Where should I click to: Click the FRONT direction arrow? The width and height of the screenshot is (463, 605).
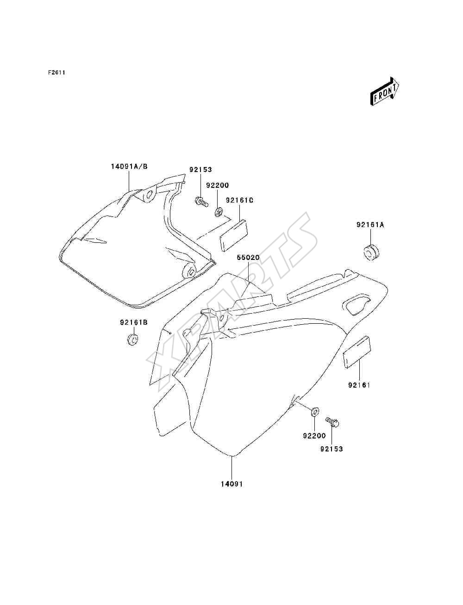click(x=385, y=91)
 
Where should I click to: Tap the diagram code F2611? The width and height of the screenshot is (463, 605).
click(x=56, y=73)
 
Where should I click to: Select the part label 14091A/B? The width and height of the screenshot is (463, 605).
click(x=129, y=167)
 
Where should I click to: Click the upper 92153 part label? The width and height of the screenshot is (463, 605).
click(x=200, y=169)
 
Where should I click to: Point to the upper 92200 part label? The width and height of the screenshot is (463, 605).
click(x=218, y=185)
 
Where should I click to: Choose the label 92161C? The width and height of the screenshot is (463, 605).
click(x=239, y=200)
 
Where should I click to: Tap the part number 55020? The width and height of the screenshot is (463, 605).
click(x=248, y=258)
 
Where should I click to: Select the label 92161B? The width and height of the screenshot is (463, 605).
click(x=133, y=322)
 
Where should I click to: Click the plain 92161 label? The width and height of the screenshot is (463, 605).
click(x=359, y=385)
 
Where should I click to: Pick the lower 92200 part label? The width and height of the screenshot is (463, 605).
click(x=314, y=436)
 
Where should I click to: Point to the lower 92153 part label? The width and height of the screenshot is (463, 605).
click(x=332, y=449)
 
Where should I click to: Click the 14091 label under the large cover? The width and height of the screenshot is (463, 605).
click(x=232, y=484)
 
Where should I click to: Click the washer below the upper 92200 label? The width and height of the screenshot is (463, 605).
click(x=219, y=212)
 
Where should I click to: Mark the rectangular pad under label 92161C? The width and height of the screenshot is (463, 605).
click(x=234, y=235)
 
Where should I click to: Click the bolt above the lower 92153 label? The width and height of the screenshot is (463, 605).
click(x=332, y=422)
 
